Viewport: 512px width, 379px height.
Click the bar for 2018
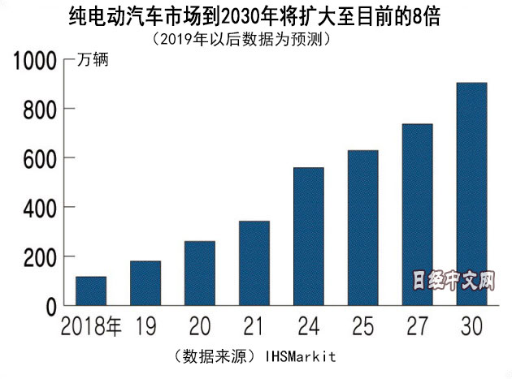pos(91,291)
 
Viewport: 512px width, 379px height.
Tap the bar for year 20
pos(199,273)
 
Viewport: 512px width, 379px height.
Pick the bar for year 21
pos(254,263)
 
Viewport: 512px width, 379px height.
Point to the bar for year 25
pos(362,228)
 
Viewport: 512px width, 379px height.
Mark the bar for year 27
pos(417,214)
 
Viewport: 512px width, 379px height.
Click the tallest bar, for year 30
pos(471,194)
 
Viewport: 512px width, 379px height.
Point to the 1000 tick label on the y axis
pos(33,60)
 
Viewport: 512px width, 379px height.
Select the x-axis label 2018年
pos(90,328)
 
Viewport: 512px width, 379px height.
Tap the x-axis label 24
pos(308,328)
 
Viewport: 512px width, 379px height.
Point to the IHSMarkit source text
pos(300,356)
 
